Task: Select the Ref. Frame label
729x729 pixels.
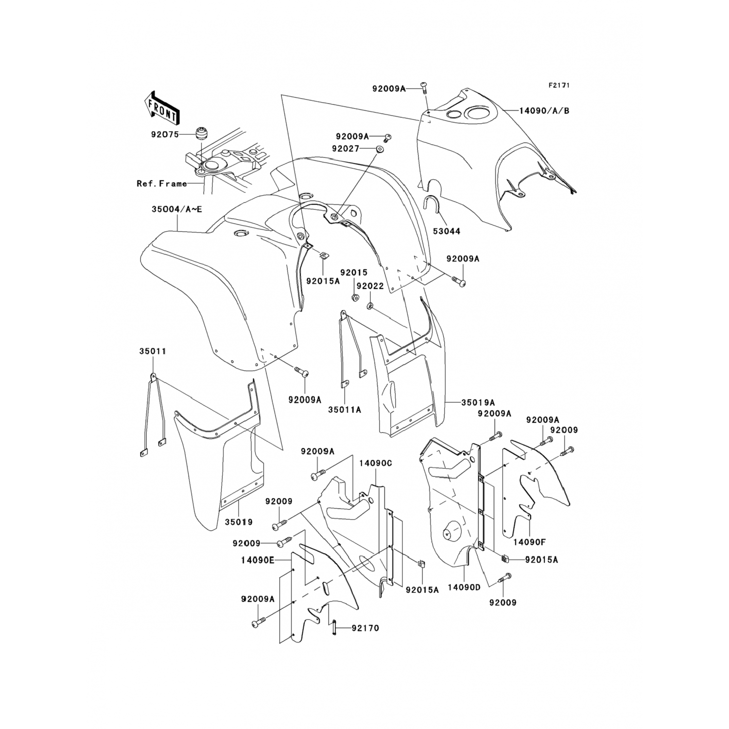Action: [x=162, y=184]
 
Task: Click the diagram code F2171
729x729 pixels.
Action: [x=559, y=86]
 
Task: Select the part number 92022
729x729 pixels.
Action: [x=370, y=286]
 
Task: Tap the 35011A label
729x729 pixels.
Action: [x=344, y=410]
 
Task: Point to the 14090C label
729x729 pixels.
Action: [x=375, y=463]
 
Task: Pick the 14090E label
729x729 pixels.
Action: [x=257, y=560]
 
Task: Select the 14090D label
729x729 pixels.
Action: [x=464, y=587]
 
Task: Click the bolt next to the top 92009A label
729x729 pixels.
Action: [x=423, y=88]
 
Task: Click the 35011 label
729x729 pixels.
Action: [x=153, y=351]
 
